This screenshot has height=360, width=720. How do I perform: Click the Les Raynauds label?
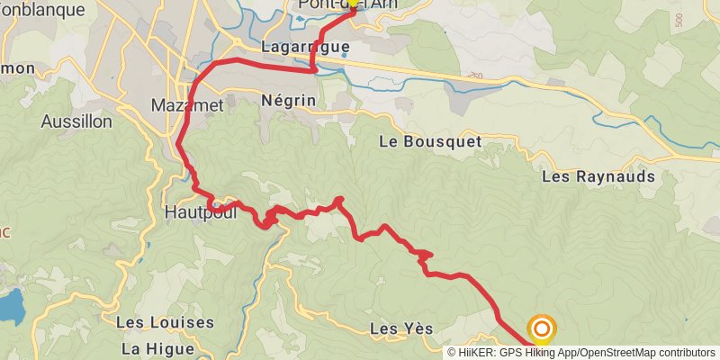pyautogui.click(x=598, y=176)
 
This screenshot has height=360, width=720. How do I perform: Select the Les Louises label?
pyautogui.click(x=165, y=322)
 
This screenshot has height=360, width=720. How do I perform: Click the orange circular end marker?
pyautogui.click(x=542, y=329)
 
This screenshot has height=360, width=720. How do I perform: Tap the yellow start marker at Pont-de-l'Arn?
pyautogui.click(x=351, y=4)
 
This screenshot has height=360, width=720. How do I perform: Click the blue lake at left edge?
pyautogui.click(x=11, y=307)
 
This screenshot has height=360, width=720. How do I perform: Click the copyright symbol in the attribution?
pyautogui.click(x=452, y=352)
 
